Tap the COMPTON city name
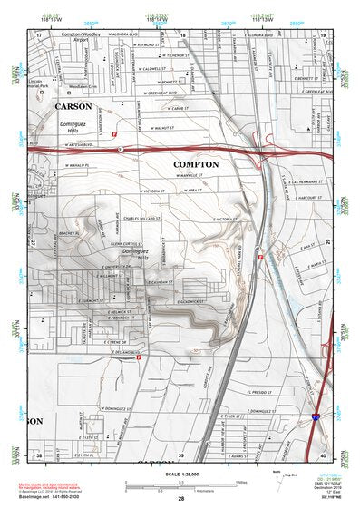(198, 162)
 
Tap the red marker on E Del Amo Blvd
(139, 357)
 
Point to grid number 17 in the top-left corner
(39, 34)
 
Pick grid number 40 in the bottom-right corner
(324, 454)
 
